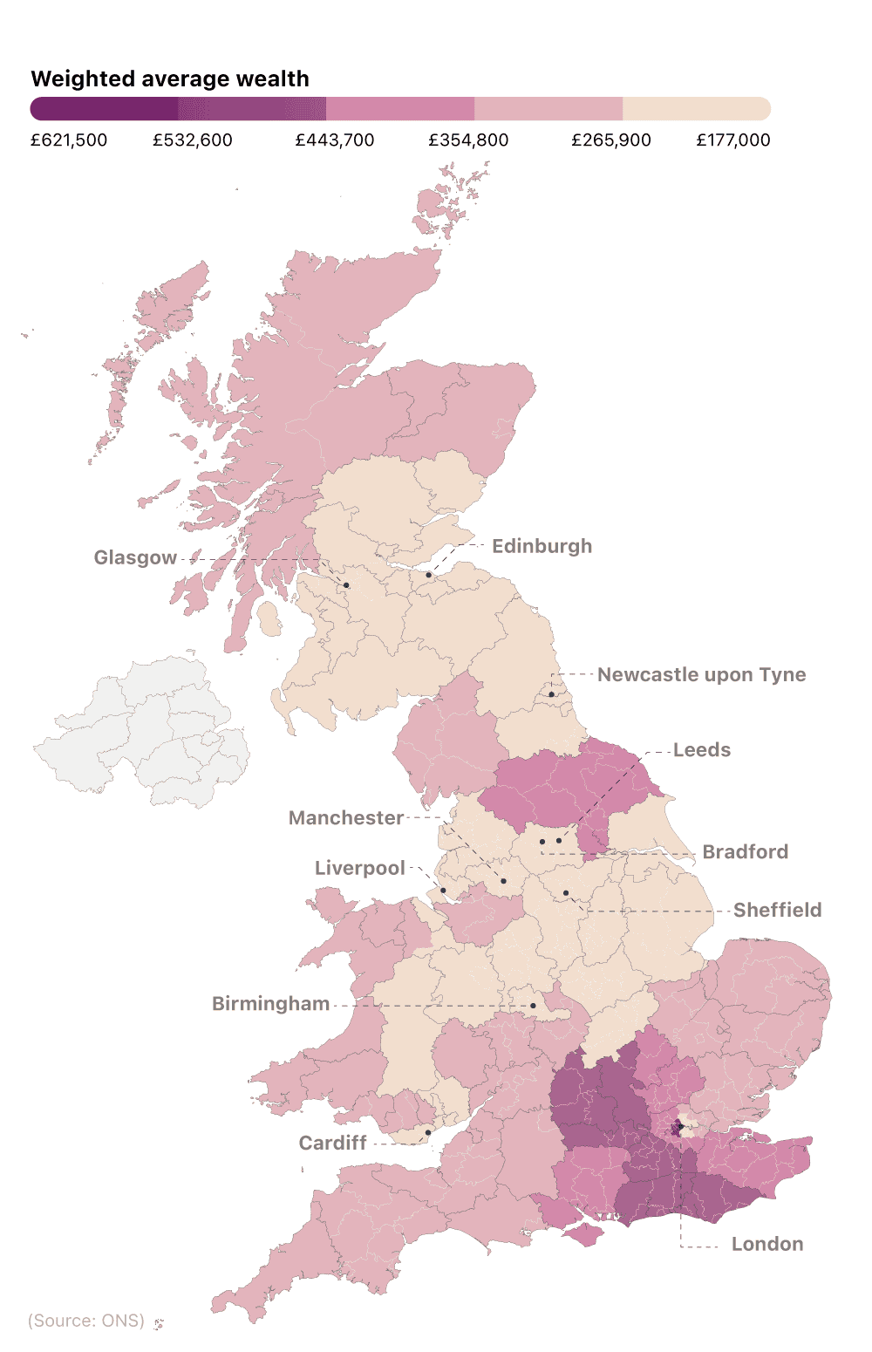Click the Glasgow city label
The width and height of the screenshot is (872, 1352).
point(135,557)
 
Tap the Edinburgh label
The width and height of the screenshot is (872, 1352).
point(542,546)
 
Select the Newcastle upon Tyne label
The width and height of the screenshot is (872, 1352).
point(701,674)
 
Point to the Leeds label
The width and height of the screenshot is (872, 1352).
point(701,750)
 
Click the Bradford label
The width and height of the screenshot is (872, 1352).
point(745,851)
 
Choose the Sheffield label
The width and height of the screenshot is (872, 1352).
point(777,910)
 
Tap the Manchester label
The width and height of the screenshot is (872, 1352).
point(346,817)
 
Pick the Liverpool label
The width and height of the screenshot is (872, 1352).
point(359,868)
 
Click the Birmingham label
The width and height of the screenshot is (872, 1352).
point(270,1004)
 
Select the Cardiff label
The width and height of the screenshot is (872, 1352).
point(332,1143)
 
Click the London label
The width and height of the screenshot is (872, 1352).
point(766,1244)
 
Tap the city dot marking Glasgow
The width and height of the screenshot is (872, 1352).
point(346,585)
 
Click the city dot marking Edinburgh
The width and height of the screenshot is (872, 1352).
point(428,575)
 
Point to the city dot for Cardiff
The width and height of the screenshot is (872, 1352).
point(428,1133)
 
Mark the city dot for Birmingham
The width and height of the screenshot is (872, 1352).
point(533,1006)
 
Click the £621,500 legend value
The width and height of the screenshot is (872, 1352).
point(69,140)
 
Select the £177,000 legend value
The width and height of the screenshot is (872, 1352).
point(732,140)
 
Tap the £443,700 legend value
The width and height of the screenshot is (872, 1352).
point(335,140)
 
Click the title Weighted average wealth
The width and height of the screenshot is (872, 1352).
point(170,79)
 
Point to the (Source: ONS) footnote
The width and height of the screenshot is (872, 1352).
point(86,1321)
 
